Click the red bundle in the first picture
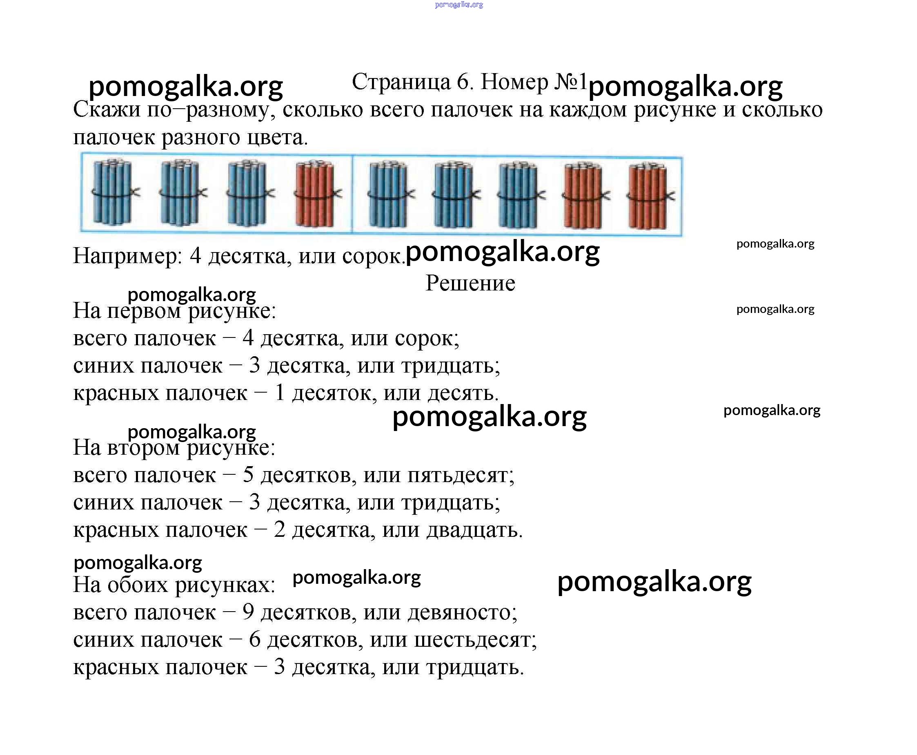[318, 194]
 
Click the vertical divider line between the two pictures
[352, 194]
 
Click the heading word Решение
[470, 283]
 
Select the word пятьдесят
[461, 475]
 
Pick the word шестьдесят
[476, 640]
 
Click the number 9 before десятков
[248, 612]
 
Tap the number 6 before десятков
[255, 639]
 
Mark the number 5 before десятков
[248, 474]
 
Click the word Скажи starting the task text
[107, 109]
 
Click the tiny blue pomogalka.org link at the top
[459, 5]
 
